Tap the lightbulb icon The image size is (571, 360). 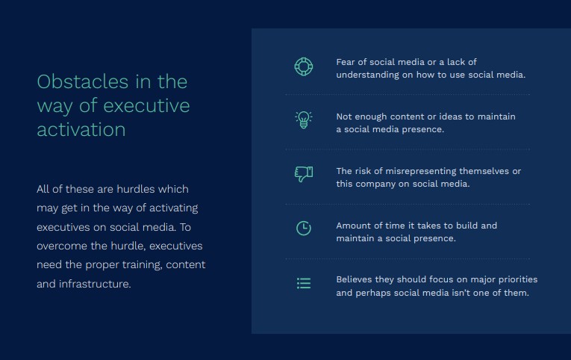303,120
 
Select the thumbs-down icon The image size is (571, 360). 304,174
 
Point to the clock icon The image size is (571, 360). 304,229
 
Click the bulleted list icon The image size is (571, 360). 304,283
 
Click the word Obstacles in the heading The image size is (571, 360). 83,81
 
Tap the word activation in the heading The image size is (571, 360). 81,129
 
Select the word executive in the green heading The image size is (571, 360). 146,105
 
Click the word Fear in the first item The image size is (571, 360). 346,62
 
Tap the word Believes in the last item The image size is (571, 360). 355,279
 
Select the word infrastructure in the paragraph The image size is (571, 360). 95,284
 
